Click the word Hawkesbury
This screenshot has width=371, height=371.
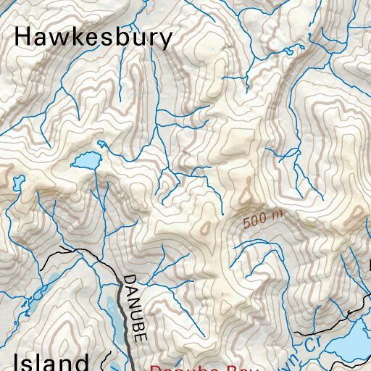[93, 38]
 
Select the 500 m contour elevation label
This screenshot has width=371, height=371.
[262, 217]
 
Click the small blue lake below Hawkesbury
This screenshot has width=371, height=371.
[85, 160]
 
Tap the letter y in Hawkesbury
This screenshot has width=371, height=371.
[166, 41]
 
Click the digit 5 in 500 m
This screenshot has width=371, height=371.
[248, 220]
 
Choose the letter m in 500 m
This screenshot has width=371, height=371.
[278, 214]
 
